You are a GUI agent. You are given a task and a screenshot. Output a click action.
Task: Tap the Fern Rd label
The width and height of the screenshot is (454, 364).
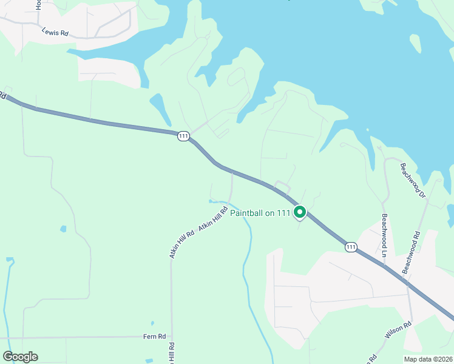[x=154, y=337]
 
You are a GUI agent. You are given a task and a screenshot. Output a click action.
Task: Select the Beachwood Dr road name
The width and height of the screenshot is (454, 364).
[x=412, y=180]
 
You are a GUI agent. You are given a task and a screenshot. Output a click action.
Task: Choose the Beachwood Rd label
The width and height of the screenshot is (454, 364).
[x=412, y=251]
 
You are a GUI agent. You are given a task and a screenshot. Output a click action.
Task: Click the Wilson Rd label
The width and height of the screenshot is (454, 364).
[x=398, y=331]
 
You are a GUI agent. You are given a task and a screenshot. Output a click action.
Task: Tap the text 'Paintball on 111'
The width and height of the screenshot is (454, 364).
[x=260, y=212]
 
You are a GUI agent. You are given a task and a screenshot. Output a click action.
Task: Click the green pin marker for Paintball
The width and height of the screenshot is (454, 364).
[x=299, y=212]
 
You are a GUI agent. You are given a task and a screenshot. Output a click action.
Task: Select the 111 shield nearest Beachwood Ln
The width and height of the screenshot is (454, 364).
[x=351, y=246]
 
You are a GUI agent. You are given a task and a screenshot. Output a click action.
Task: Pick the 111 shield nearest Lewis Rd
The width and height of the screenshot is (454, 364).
[x=183, y=136]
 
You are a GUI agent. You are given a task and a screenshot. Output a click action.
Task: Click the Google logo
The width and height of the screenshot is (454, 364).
[x=20, y=357]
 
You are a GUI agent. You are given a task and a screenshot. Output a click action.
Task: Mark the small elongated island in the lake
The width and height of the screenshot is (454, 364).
[x=415, y=42]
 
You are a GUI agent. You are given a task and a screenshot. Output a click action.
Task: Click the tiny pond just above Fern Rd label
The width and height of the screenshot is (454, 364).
[x=152, y=323]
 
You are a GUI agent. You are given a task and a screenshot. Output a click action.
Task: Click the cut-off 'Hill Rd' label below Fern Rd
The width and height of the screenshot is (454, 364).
[x=172, y=353]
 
